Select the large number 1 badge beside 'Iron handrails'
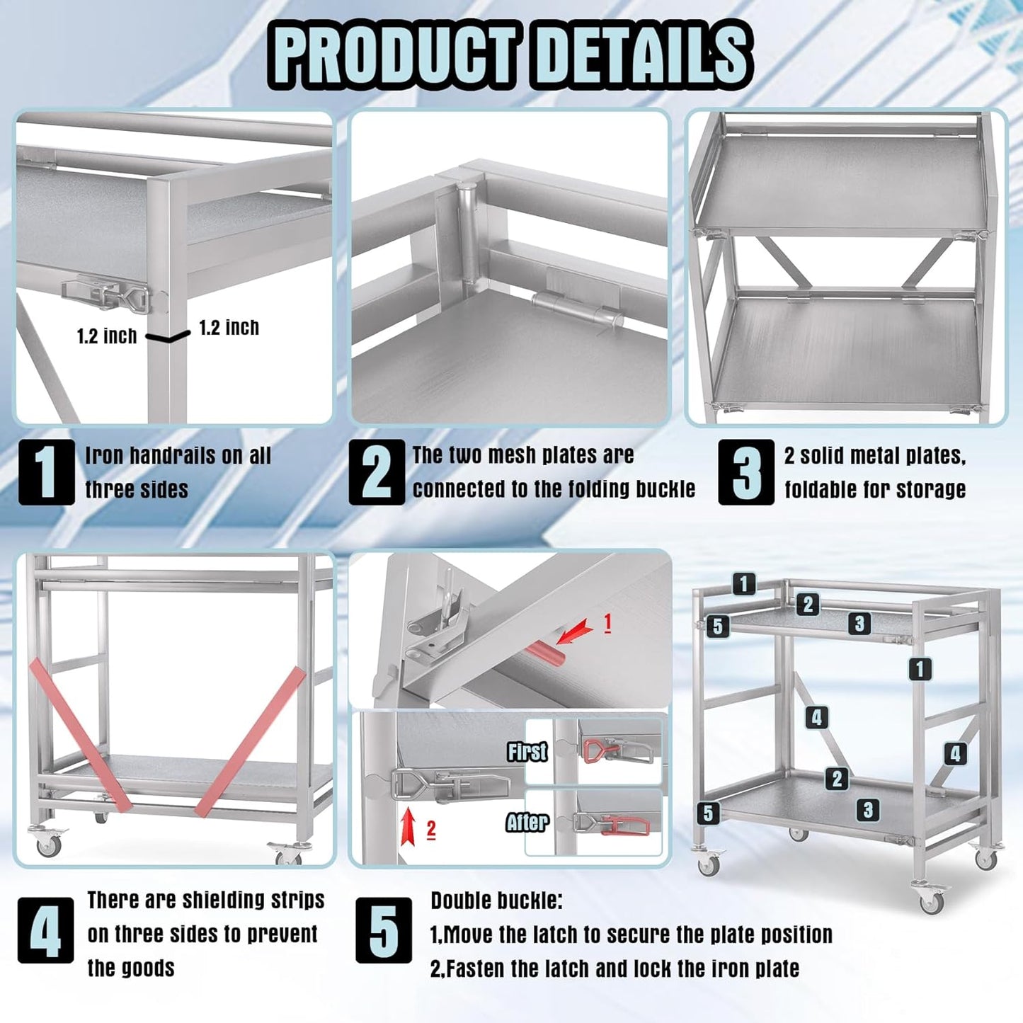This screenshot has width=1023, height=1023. [46, 472]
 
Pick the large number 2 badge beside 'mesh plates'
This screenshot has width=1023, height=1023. [377, 472]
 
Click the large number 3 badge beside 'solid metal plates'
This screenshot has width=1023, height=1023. [746, 472]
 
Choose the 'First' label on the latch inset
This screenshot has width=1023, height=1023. [527, 751]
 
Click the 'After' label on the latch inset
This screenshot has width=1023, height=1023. [527, 822]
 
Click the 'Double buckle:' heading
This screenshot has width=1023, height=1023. [496, 901]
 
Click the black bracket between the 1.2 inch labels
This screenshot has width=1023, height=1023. [168, 336]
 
